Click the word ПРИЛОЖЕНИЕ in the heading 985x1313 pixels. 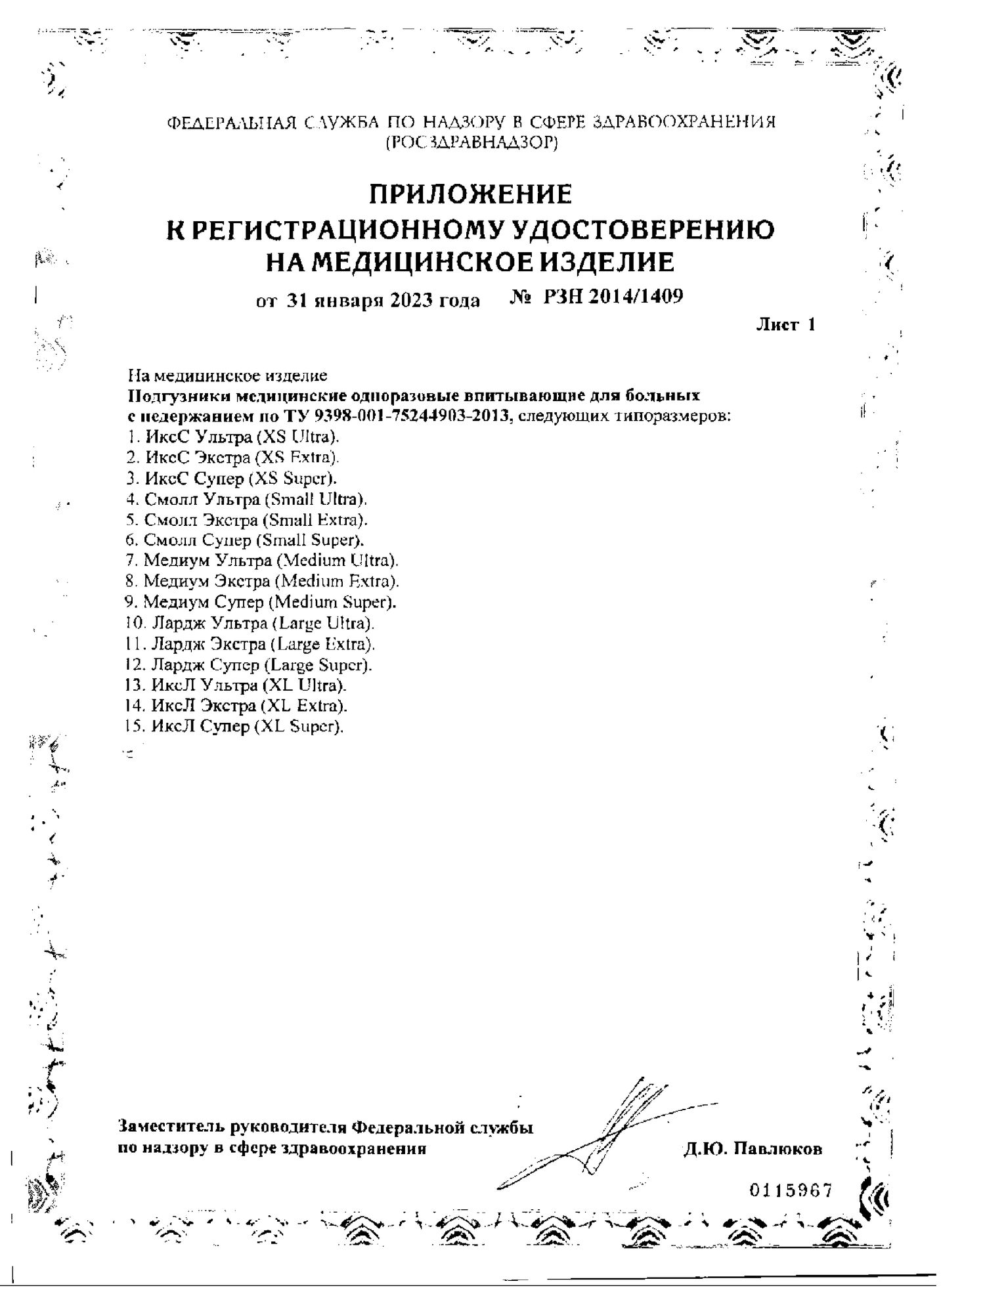470,195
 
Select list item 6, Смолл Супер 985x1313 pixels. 245,540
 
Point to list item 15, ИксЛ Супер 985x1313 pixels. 234,727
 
